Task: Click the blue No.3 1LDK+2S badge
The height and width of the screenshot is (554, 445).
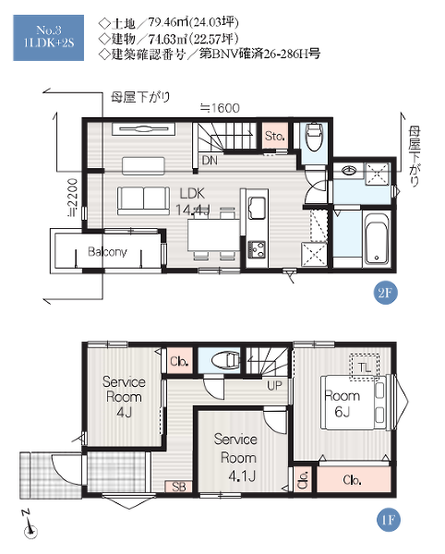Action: tap(48, 38)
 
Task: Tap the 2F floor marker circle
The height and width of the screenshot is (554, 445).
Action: tap(385, 293)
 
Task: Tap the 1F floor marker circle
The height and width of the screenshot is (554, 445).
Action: tap(388, 520)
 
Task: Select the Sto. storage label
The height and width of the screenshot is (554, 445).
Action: tap(275, 136)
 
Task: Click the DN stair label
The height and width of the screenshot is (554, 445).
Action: tap(210, 161)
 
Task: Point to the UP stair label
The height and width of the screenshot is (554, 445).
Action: tap(274, 385)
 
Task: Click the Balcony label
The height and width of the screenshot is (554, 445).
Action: tap(107, 251)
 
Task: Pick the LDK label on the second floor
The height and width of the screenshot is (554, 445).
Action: tap(192, 193)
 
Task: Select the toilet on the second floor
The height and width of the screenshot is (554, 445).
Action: tap(313, 137)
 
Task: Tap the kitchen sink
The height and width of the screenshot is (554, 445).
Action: tap(258, 208)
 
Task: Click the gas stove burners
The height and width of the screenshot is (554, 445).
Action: tap(257, 248)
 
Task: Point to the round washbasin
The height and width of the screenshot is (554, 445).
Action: tap(349, 171)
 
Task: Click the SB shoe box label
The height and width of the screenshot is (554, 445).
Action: tap(179, 487)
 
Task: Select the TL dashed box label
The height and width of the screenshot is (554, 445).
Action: tap(365, 367)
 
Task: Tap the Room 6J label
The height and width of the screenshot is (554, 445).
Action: tap(342, 403)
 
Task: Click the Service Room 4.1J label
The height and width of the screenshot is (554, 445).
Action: tap(236, 458)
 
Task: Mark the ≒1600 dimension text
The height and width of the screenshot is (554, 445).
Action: tap(220, 108)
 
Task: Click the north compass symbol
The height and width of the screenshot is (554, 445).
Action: tap(30, 525)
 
